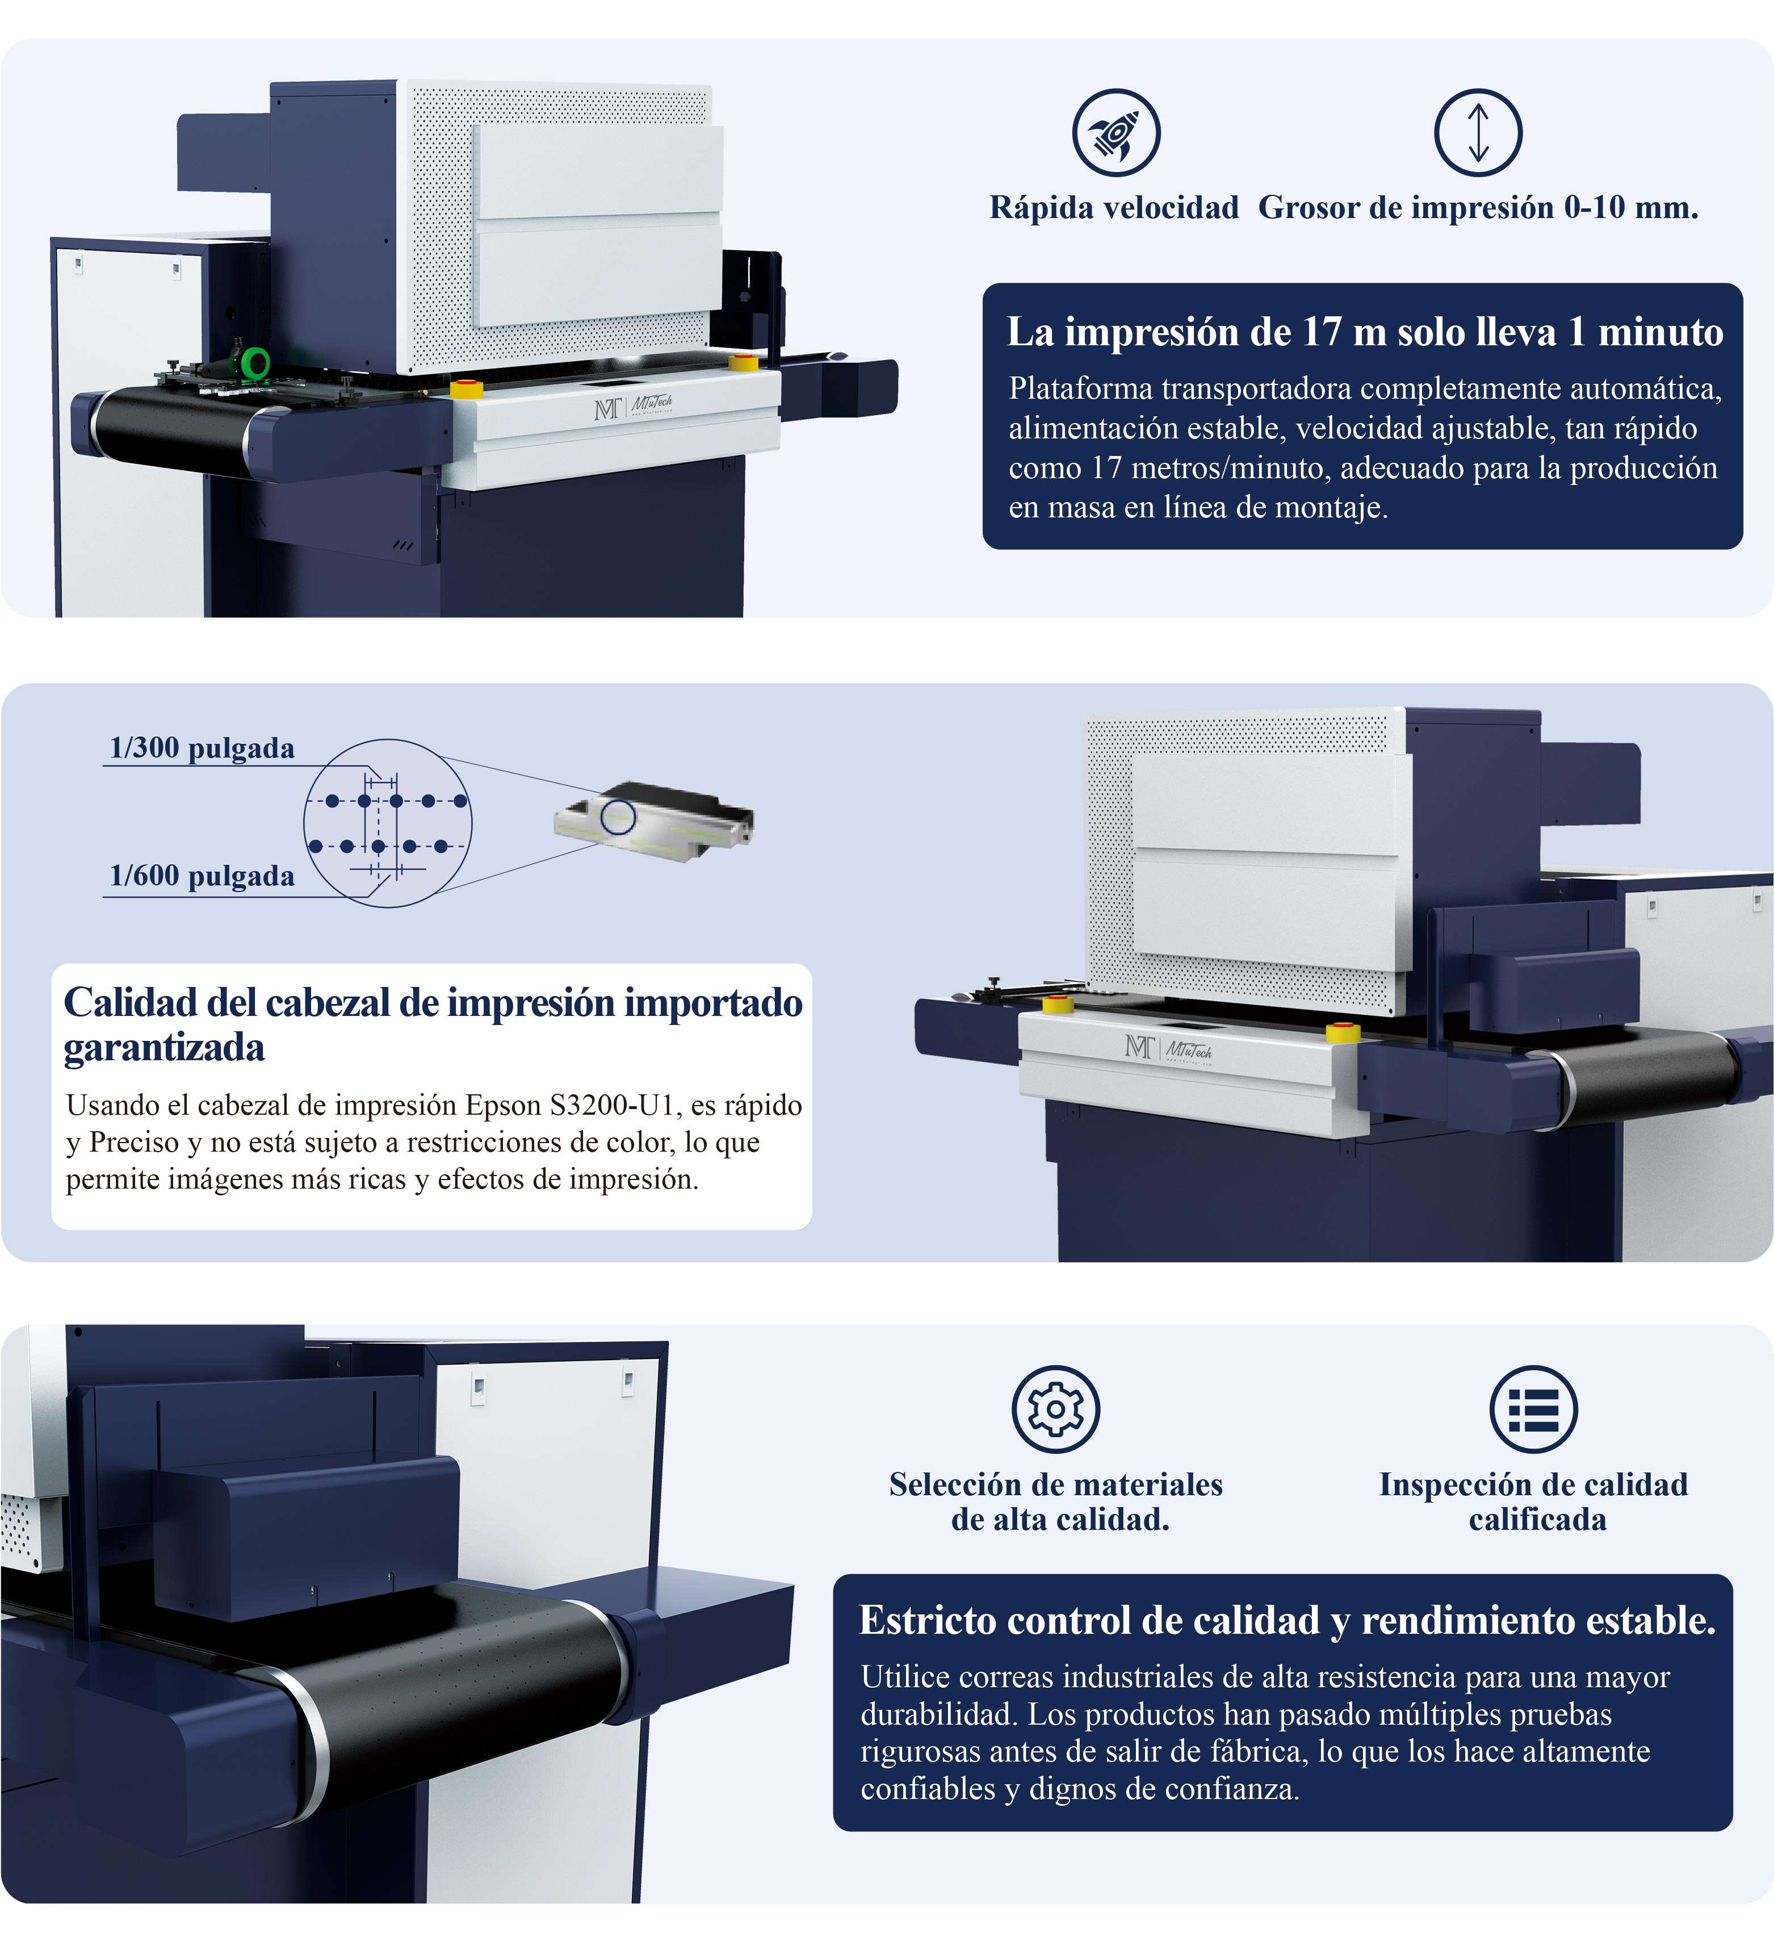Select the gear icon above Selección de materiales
(x=1055, y=1408)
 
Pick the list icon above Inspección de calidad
(x=1533, y=1408)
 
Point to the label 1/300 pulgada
(x=202, y=748)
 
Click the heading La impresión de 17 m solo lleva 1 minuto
(x=1365, y=332)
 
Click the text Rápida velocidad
(x=1114, y=207)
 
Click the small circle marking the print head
(x=619, y=815)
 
